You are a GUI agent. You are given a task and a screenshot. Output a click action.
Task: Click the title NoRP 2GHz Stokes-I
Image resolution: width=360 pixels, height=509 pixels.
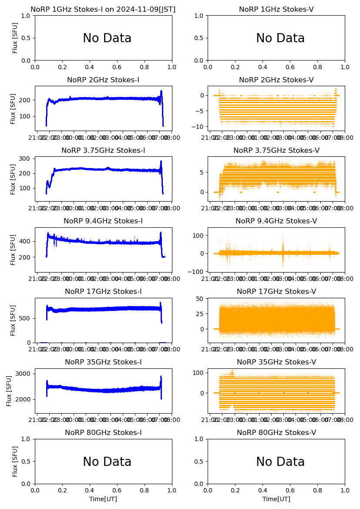tap(103, 80)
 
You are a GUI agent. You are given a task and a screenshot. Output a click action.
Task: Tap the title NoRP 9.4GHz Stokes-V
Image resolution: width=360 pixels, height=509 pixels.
tap(276, 221)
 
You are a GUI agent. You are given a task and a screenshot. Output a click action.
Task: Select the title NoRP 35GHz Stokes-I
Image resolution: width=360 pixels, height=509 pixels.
tap(103, 362)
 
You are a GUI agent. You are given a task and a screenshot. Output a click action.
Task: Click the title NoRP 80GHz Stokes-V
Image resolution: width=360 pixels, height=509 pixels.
tap(276, 433)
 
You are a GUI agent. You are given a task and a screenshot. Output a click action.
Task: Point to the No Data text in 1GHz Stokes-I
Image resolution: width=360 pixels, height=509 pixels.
tap(107, 38)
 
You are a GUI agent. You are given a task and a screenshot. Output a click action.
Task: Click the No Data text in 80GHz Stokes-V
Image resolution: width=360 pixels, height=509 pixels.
tap(280, 462)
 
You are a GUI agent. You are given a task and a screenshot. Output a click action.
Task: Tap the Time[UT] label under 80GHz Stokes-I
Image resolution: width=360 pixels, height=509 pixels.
tap(103, 499)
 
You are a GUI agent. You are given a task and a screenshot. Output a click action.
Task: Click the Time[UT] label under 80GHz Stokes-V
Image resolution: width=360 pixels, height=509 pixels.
tap(276, 499)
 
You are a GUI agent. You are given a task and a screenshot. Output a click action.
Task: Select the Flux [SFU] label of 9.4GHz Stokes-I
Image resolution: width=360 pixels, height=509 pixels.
tap(13, 249)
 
